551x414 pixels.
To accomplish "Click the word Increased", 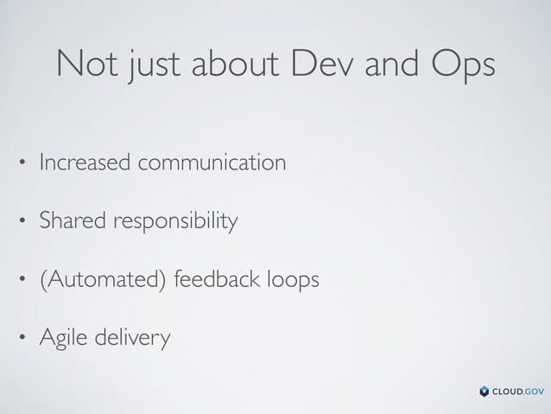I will [85, 162].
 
